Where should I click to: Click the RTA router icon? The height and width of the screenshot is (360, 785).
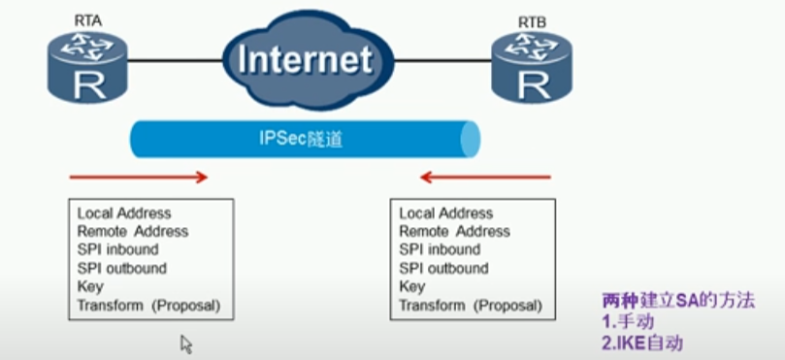point(88,66)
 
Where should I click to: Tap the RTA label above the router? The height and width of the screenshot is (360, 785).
point(88,19)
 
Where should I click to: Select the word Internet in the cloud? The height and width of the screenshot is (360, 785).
point(305,58)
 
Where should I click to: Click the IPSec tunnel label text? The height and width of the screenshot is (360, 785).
point(300,139)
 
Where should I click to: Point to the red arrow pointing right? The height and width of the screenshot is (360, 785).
point(139,178)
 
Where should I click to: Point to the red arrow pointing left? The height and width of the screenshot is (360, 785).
point(484,178)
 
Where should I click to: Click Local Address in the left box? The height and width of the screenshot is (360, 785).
point(123,213)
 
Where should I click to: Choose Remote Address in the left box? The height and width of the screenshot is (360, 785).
point(132,232)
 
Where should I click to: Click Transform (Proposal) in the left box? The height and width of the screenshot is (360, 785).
point(148,306)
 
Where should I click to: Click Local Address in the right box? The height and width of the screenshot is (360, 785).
point(445,213)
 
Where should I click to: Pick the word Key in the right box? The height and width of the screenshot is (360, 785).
point(411,287)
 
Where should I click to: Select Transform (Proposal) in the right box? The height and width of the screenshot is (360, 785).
point(471,306)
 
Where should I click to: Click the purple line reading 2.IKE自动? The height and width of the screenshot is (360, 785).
point(642,343)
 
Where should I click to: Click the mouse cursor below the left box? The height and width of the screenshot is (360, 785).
point(185,343)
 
